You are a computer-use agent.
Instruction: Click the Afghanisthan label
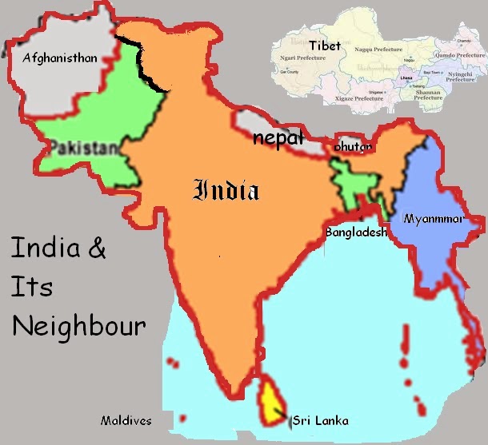click(60, 58)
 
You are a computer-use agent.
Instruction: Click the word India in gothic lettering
click(227, 190)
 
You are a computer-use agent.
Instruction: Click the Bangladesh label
click(355, 232)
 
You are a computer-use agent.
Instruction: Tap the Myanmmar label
click(435, 218)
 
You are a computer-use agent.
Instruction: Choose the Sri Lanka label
click(321, 419)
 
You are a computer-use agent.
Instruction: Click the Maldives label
click(126, 419)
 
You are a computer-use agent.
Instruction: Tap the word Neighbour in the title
click(78, 326)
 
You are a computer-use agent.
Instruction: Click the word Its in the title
click(31, 287)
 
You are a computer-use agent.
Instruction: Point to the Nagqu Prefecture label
click(381, 49)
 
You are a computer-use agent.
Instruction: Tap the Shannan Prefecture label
click(427, 93)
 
